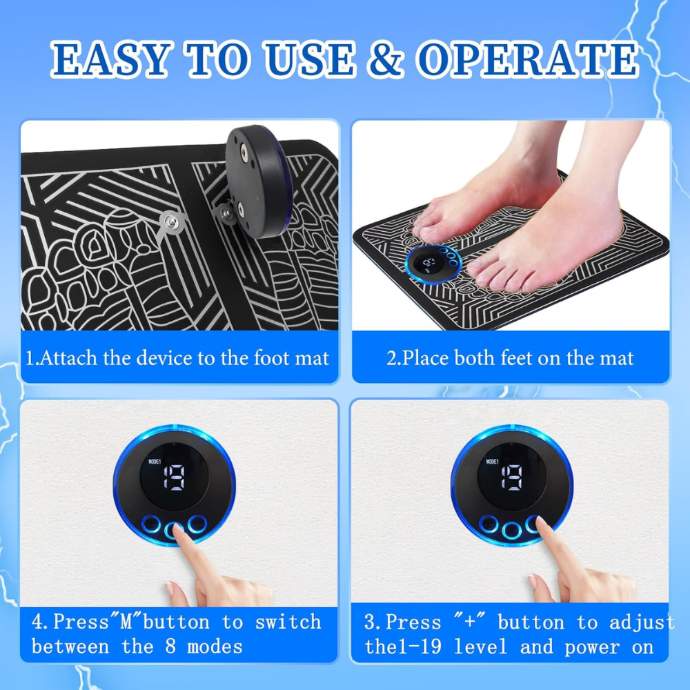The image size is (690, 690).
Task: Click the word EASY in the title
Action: (110, 59)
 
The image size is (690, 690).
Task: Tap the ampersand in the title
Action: (386, 59)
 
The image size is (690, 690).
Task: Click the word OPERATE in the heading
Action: (528, 59)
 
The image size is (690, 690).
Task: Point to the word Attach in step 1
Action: (68, 358)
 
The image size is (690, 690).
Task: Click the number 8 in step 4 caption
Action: (171, 647)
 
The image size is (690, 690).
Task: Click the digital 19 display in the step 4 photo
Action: (175, 477)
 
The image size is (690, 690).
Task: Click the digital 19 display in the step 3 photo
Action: (512, 477)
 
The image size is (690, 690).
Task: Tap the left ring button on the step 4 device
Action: (151, 524)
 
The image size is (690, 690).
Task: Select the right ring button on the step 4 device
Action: (197, 524)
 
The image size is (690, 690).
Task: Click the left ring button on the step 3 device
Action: (489, 524)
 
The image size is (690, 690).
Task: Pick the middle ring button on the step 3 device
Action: (511, 530)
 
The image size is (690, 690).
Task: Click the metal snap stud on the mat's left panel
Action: (170, 222)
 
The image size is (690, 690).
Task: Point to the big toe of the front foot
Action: (480, 270)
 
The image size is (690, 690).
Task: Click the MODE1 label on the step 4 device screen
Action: (155, 462)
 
